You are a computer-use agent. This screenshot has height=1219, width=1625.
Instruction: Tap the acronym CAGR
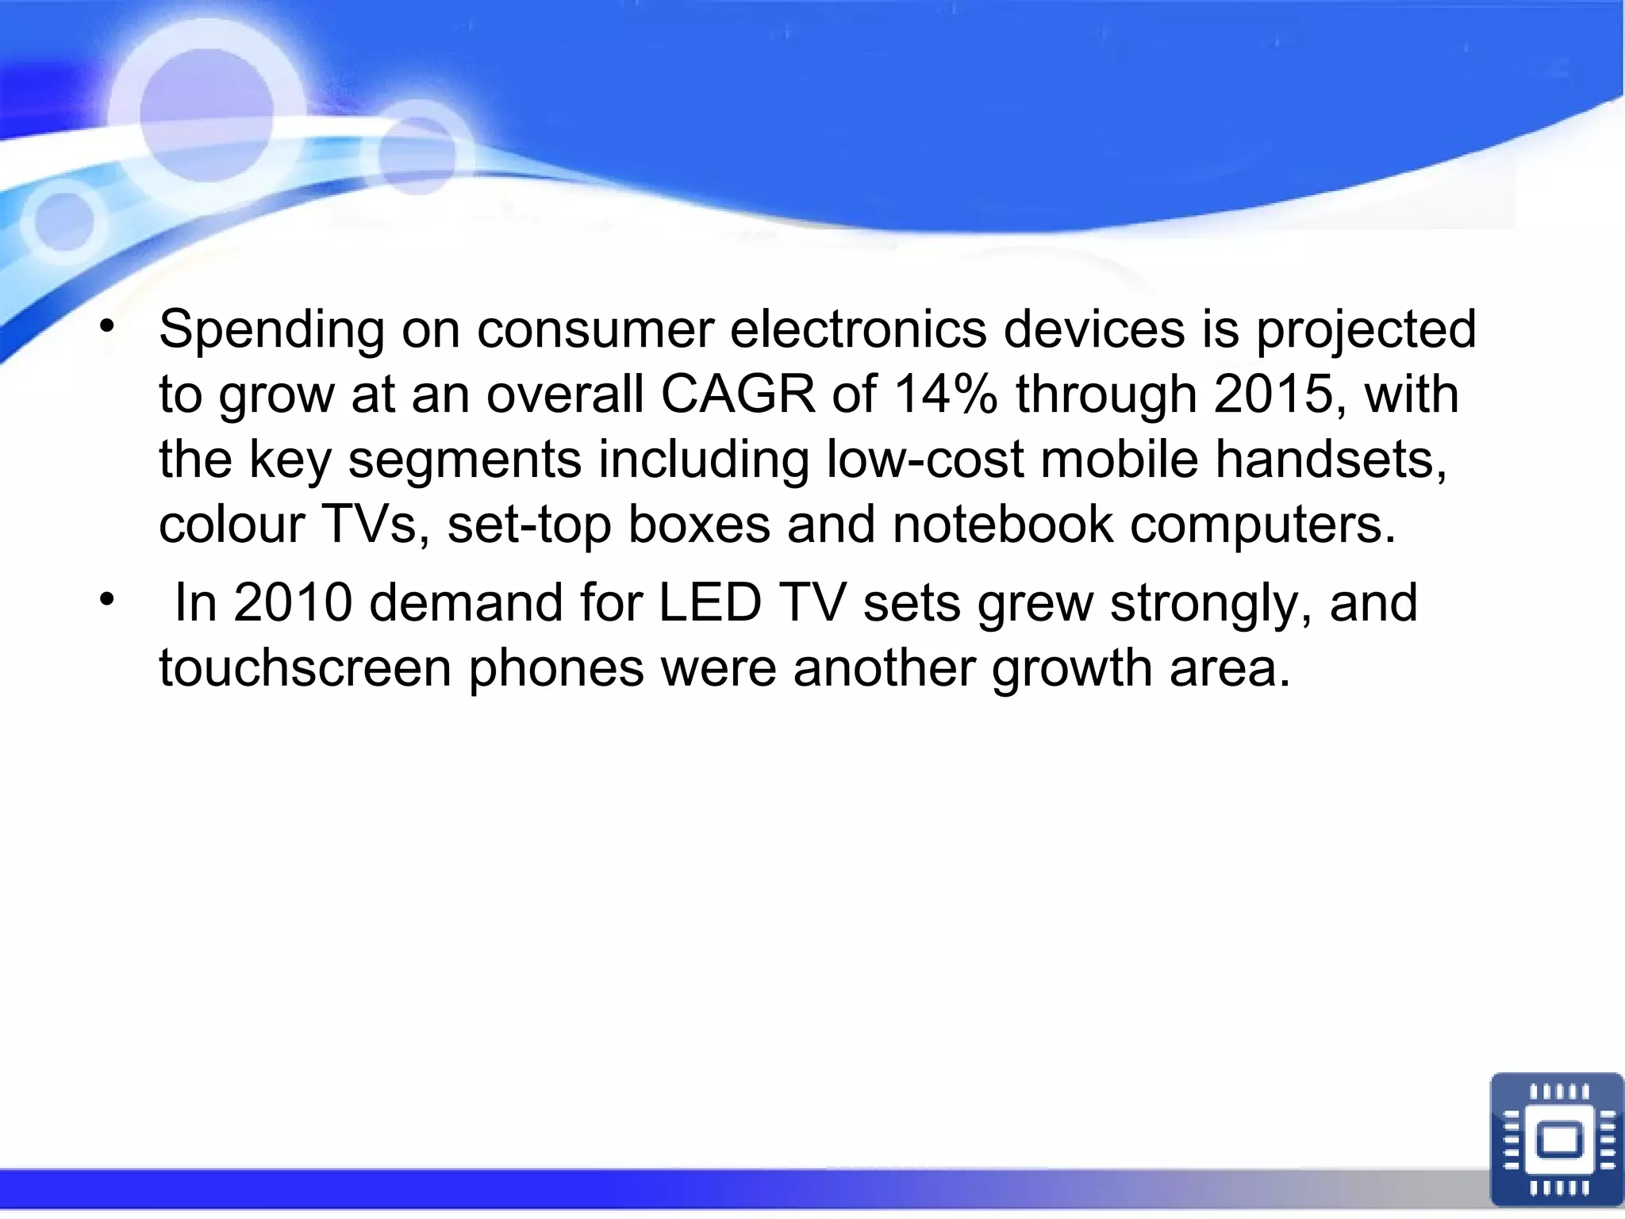pyautogui.click(x=738, y=394)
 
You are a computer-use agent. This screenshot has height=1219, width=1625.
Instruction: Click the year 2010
pyautogui.click(x=292, y=602)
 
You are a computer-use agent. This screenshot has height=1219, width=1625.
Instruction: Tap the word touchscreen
pyautogui.click(x=305, y=667)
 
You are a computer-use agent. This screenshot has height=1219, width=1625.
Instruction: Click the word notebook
pyautogui.click(x=1003, y=525)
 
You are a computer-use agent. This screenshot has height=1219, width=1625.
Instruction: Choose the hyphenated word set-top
pyautogui.click(x=529, y=525)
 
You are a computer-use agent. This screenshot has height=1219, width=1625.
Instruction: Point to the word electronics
pyautogui.click(x=859, y=330)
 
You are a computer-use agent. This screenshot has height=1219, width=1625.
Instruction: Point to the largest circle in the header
pyautogui.click(x=207, y=116)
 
